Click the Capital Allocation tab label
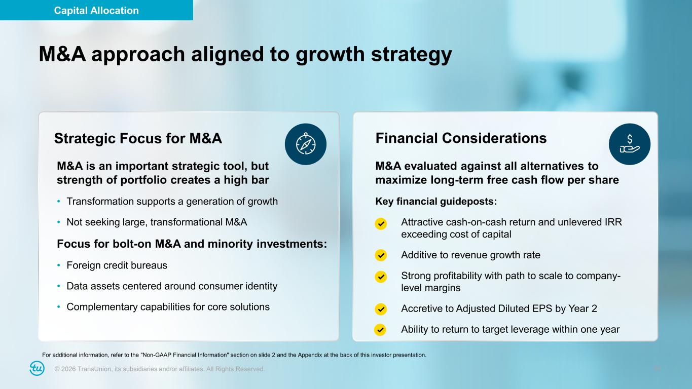click(96, 11)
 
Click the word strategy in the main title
click(411, 55)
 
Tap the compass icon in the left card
click(306, 144)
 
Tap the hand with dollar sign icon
click(630, 144)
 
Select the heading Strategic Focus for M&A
click(138, 138)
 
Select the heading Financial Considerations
click(461, 138)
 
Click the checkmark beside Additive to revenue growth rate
click(381, 255)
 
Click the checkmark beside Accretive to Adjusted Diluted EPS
click(381, 309)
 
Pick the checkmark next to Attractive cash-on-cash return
click(381, 223)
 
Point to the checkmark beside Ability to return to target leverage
click(380, 330)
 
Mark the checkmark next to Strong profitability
click(381, 277)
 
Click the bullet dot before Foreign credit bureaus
click(59, 265)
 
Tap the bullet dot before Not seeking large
click(59, 222)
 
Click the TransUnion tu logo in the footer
click(37, 368)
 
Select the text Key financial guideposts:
click(436, 202)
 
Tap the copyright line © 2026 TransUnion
click(160, 369)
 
